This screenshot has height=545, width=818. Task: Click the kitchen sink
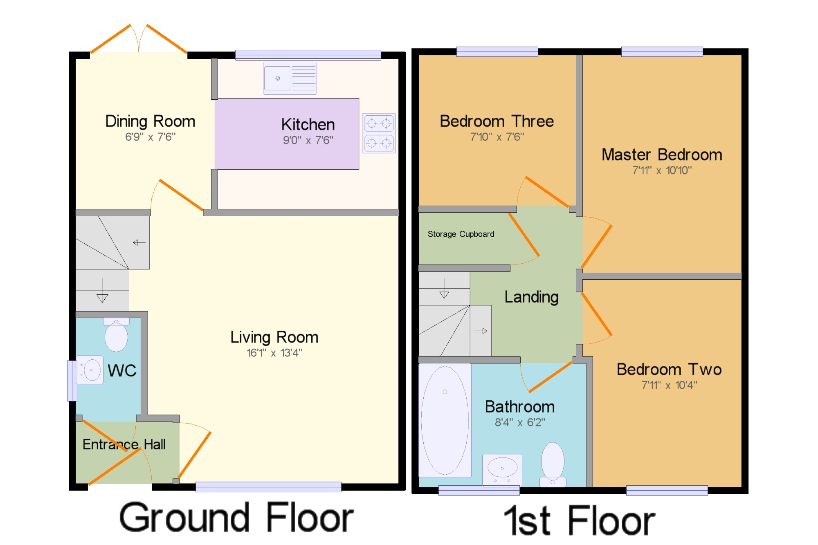click(290, 78)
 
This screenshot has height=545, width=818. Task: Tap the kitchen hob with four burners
click(379, 133)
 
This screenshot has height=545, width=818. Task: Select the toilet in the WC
click(116, 334)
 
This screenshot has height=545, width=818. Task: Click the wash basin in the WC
click(90, 370)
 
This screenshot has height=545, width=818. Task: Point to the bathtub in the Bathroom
click(445, 420)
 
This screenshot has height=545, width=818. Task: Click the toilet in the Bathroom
click(553, 464)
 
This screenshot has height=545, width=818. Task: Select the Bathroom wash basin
click(502, 470)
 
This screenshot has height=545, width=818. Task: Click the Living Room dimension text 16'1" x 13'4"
click(274, 353)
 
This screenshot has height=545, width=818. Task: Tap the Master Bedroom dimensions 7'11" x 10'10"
click(662, 170)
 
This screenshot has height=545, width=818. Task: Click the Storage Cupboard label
click(461, 234)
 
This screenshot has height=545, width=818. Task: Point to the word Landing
click(531, 297)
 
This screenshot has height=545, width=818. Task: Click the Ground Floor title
click(236, 518)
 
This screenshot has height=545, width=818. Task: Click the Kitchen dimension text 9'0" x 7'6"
click(308, 140)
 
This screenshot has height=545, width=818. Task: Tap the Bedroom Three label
click(497, 121)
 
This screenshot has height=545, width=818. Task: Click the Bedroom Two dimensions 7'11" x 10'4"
click(670, 385)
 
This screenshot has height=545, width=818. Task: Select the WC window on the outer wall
click(72, 381)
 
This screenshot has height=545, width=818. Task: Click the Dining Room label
click(150, 121)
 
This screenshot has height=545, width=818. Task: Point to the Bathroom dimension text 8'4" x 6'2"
click(520, 422)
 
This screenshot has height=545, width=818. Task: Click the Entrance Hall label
click(124, 444)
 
